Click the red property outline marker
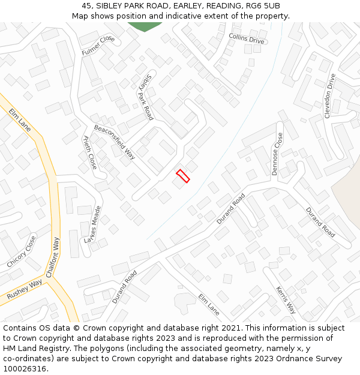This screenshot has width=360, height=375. [x=183, y=176]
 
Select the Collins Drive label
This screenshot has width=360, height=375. [x=246, y=38]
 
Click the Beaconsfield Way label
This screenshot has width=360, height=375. [x=114, y=142]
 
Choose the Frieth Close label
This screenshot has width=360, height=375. [x=89, y=152]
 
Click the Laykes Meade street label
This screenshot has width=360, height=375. [x=93, y=225]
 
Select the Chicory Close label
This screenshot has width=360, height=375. [x=22, y=251]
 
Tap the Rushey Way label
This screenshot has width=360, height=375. [x=25, y=290]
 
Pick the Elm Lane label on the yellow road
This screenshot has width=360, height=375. [x=20, y=120]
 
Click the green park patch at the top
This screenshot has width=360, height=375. [x=145, y=26]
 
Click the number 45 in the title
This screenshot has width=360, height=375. [x=87, y=5]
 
